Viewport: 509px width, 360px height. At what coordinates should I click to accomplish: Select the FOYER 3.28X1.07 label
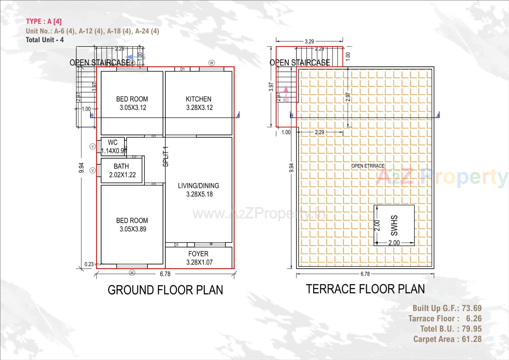pyautogui.click(x=199, y=258)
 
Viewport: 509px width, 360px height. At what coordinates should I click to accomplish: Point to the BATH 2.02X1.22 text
pyautogui.click(x=122, y=171)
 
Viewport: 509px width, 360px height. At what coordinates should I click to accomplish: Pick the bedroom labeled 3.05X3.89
pyautogui.click(x=132, y=225)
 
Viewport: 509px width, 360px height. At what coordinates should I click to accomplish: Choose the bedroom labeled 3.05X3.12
pyautogui.click(x=132, y=103)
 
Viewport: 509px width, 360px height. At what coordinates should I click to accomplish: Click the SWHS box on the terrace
pyautogui.click(x=394, y=225)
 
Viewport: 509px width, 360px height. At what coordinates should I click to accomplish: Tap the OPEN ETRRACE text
pyautogui.click(x=368, y=166)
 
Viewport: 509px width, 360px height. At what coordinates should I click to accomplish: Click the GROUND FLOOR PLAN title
pyautogui.click(x=165, y=290)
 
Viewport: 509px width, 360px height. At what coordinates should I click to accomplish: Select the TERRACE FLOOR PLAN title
pyautogui.click(x=365, y=289)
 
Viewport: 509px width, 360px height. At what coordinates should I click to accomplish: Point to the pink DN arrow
pyautogui.click(x=286, y=93)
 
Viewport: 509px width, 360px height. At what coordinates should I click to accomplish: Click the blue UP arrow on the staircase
pyautogui.click(x=130, y=57)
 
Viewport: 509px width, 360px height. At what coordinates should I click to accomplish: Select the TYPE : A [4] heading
pyautogui.click(x=44, y=21)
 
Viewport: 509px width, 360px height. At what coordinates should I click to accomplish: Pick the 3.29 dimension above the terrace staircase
pyautogui.click(x=309, y=41)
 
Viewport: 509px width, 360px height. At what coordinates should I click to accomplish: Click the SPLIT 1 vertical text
pyautogui.click(x=165, y=157)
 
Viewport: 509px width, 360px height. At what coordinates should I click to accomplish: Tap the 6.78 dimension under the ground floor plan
pyautogui.click(x=165, y=274)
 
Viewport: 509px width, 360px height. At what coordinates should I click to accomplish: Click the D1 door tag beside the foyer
pyautogui.click(x=176, y=245)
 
